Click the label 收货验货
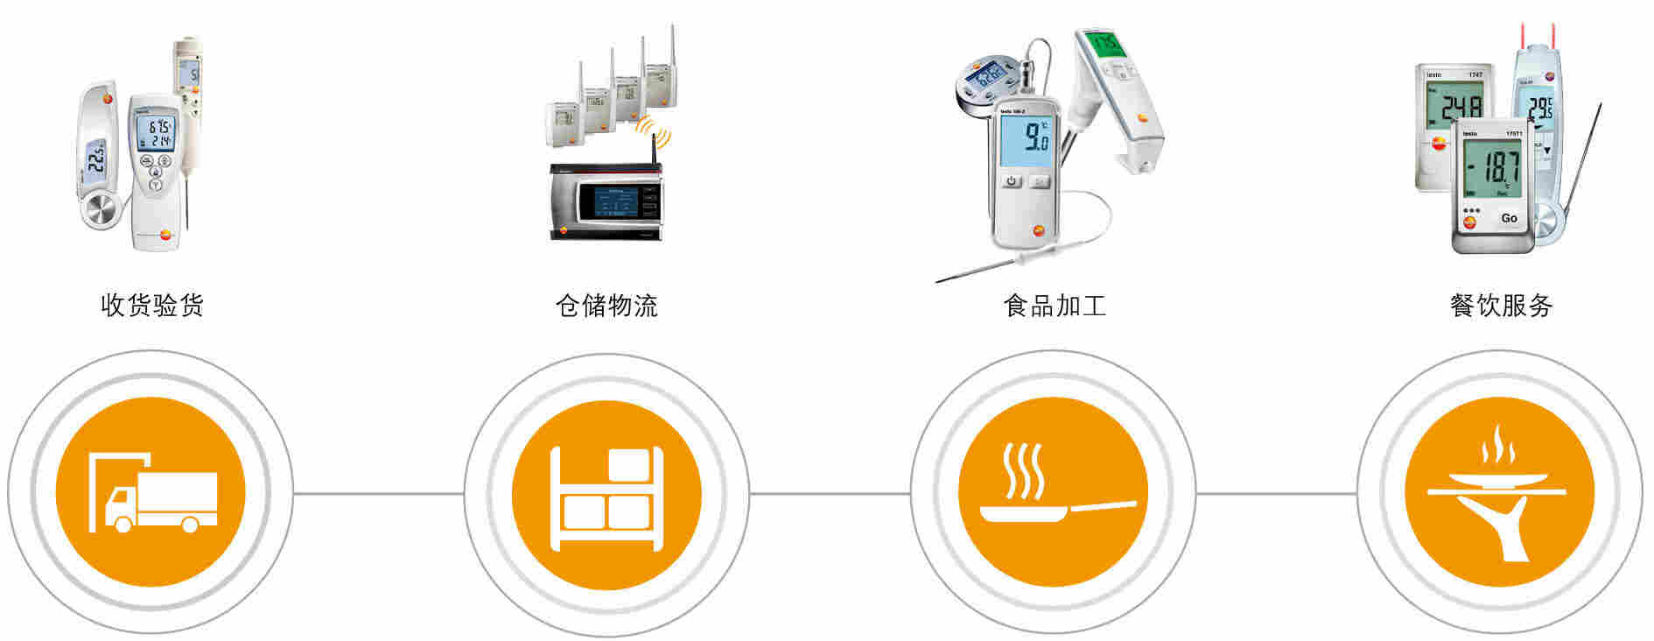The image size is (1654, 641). (x=152, y=306)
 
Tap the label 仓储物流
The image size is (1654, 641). (x=606, y=306)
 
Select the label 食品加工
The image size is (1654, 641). (x=1055, y=306)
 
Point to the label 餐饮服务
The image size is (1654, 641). (x=1501, y=306)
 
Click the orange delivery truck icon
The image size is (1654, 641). (x=151, y=493)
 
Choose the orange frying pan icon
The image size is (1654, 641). (x=1053, y=493)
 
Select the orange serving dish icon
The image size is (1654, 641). (x=1499, y=493)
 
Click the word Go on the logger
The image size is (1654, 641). (x=1509, y=218)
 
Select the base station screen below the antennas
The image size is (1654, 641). (x=614, y=201)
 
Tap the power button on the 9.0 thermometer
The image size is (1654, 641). (x=1012, y=181)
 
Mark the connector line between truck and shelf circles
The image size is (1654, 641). (x=378, y=493)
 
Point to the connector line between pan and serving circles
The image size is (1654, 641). (x=1276, y=493)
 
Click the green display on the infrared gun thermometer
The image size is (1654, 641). (x=1107, y=43)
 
